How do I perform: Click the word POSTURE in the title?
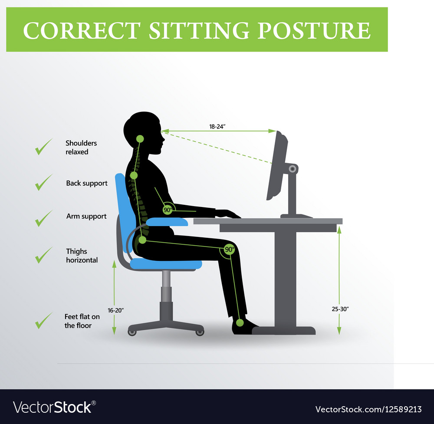click(314, 30)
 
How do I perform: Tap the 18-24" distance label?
click(217, 126)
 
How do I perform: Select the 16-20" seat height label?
click(116, 311)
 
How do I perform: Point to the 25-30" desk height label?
click(340, 309)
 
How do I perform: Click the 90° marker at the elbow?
click(168, 210)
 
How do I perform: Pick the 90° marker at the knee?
click(230, 250)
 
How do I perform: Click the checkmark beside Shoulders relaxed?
click(43, 147)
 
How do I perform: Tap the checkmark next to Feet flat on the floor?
click(43, 320)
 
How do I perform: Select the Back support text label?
click(87, 183)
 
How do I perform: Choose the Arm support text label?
click(86, 216)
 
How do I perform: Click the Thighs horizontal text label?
click(82, 256)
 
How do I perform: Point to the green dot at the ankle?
click(240, 323)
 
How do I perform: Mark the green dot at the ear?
click(140, 139)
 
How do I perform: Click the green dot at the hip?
click(142, 240)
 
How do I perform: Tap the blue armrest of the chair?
click(167, 222)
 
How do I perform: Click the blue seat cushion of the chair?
click(165, 264)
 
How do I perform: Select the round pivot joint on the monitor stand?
click(292, 168)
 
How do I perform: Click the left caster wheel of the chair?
click(132, 332)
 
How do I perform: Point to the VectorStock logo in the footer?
click(55, 408)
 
